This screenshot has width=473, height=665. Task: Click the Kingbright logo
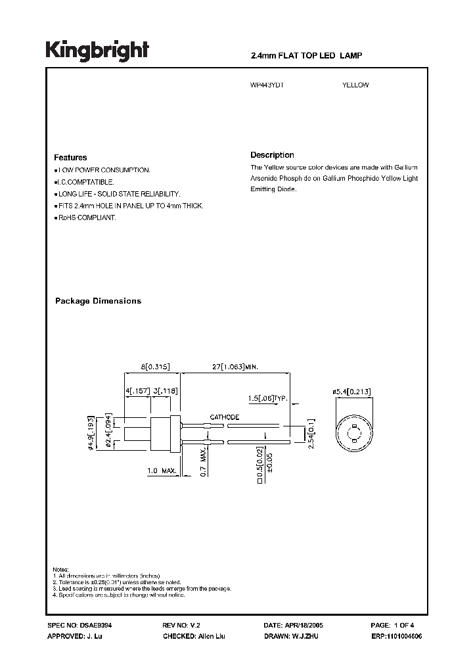tap(97, 51)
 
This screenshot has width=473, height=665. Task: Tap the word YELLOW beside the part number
tap(355, 85)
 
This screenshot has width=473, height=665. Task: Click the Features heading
tap(70, 158)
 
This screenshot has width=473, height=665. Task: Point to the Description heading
tap(272, 155)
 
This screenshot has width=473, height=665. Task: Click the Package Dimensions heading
tap(98, 301)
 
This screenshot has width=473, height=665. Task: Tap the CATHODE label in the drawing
tap(224, 417)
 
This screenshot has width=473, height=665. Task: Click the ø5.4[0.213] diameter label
tap(351, 392)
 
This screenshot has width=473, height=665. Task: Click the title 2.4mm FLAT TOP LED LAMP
tap(306, 57)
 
